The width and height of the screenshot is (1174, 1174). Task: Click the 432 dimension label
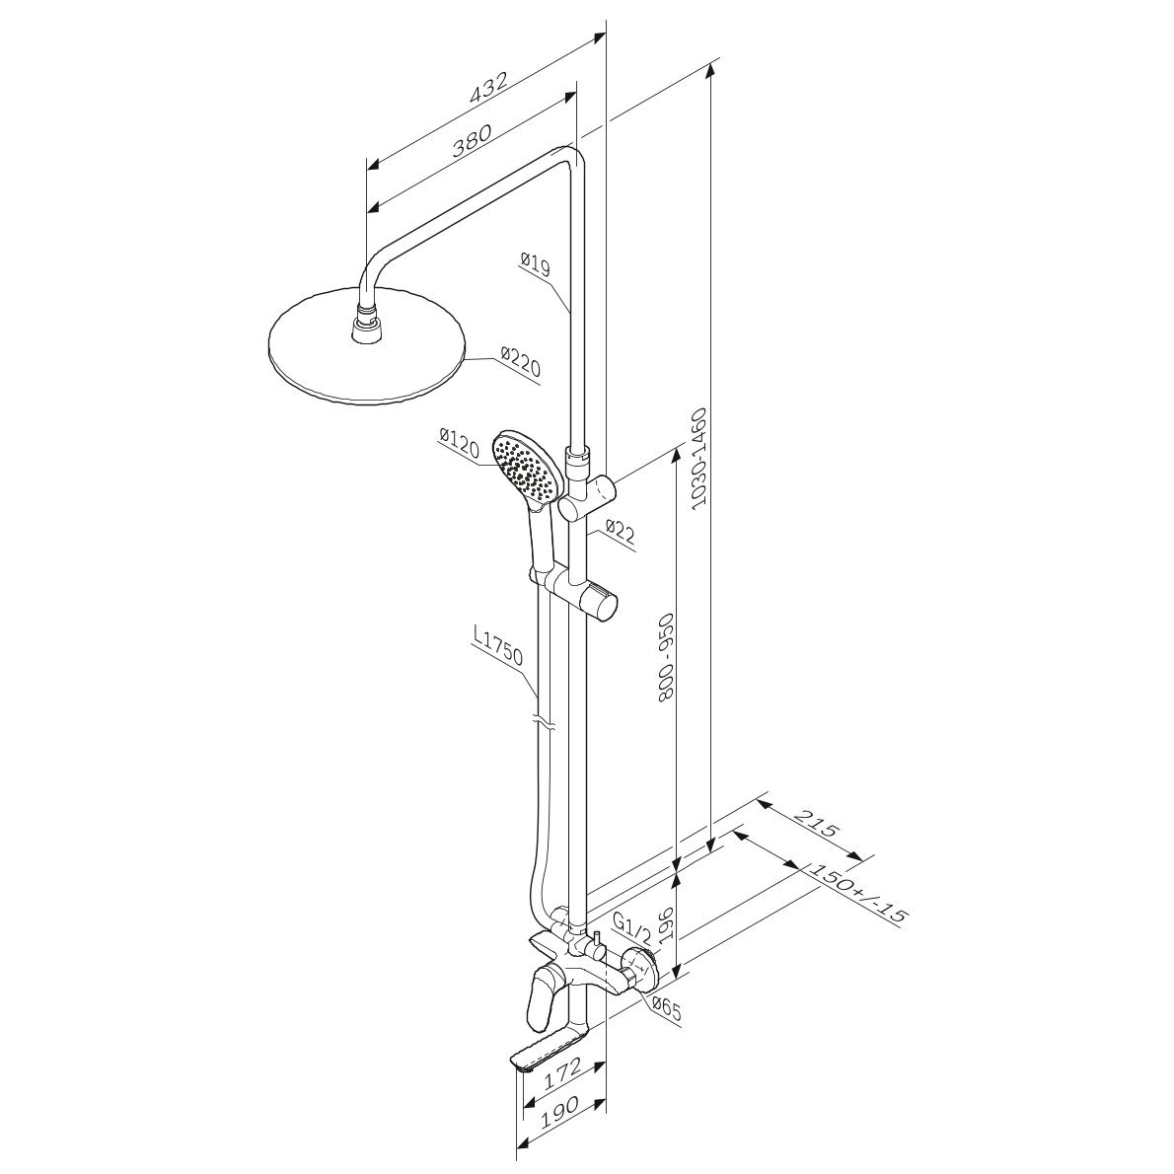point(489,88)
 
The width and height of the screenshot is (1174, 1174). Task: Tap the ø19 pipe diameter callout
point(534,264)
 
